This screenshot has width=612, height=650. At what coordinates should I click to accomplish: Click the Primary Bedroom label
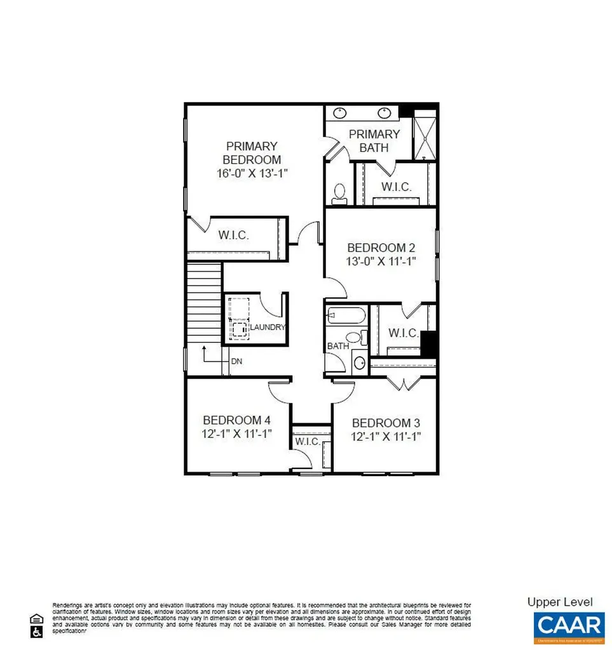251,152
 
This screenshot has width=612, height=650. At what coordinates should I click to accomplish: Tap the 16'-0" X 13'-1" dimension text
251,173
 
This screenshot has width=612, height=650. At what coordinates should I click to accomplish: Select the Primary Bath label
374,141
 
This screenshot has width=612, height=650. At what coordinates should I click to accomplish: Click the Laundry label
267,327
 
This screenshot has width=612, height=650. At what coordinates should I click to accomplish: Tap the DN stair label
236,361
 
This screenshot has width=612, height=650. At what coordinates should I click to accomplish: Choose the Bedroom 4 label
237,420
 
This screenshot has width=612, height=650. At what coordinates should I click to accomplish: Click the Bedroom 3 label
386,423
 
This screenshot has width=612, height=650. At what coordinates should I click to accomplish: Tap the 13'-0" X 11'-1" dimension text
381,262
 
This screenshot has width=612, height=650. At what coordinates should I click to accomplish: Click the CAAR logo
569,625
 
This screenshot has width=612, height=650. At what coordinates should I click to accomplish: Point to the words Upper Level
560,602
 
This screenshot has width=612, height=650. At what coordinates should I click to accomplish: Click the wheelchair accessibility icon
36,632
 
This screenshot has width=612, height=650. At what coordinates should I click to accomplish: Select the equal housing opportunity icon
36,618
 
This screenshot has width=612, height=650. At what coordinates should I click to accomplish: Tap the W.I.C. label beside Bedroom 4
306,442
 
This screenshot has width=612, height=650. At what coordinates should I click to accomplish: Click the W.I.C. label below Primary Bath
397,187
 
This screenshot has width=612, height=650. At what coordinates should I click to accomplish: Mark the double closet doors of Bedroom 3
402,383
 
